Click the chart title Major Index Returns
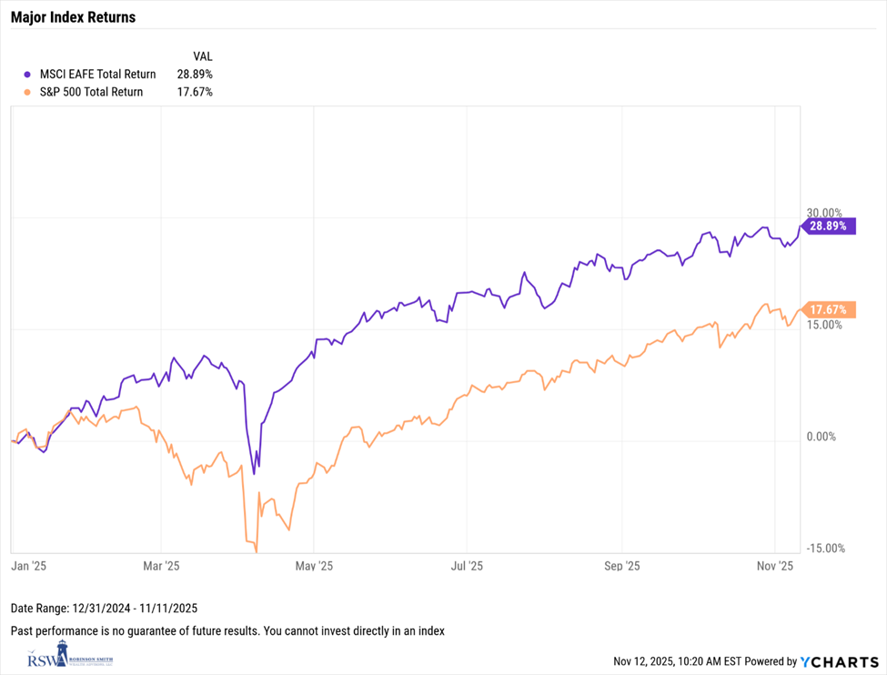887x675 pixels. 73,17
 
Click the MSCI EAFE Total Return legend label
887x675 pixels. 97,74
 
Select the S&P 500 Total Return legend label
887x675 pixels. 91,92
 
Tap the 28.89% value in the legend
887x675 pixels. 195,74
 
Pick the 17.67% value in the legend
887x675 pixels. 195,92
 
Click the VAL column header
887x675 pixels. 203,55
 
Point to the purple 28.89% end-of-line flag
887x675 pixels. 829,226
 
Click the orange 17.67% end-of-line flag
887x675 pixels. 829,310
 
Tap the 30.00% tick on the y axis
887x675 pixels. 826,212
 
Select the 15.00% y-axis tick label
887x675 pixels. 826,325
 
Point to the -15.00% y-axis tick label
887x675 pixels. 826,548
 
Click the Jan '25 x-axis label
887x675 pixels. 28,566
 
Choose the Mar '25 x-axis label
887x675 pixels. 160,566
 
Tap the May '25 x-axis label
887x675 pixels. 313,566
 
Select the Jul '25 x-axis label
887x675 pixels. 467,566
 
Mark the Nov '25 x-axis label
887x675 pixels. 774,566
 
